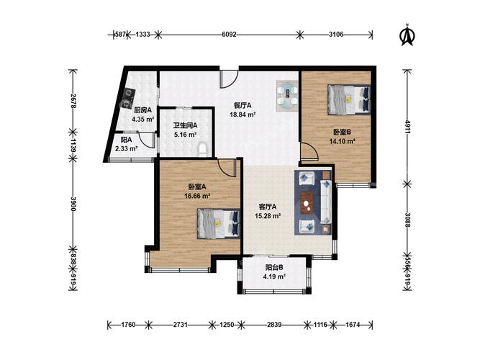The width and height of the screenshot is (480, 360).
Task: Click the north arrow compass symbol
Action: coord(407,35)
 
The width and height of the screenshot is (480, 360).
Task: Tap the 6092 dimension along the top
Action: coord(229,35)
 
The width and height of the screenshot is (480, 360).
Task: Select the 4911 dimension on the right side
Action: coord(407,127)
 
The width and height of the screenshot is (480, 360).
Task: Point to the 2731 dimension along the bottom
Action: coord(180,325)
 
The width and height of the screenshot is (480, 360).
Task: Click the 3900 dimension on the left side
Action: coord(73,204)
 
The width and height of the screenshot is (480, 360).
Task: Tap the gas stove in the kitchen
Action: coord(127,98)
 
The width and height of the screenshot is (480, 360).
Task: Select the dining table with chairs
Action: coord(287,96)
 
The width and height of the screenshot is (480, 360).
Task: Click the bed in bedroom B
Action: coord(349,100)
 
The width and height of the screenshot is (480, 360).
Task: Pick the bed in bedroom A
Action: coord(219,223)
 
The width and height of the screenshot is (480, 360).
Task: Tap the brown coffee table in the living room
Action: coord(307,203)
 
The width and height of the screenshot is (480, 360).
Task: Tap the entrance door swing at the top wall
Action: coord(229,79)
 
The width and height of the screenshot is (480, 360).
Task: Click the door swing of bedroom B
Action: coord(309,151)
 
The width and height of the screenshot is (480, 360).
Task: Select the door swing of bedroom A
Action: coord(227,168)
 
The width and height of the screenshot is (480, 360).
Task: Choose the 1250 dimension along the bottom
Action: coord(227,325)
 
